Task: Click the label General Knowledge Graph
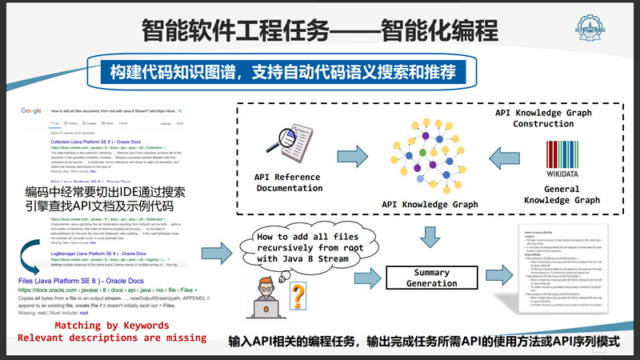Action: point(561,194)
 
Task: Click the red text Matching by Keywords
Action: point(111,326)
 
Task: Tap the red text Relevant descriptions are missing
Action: point(111,338)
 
